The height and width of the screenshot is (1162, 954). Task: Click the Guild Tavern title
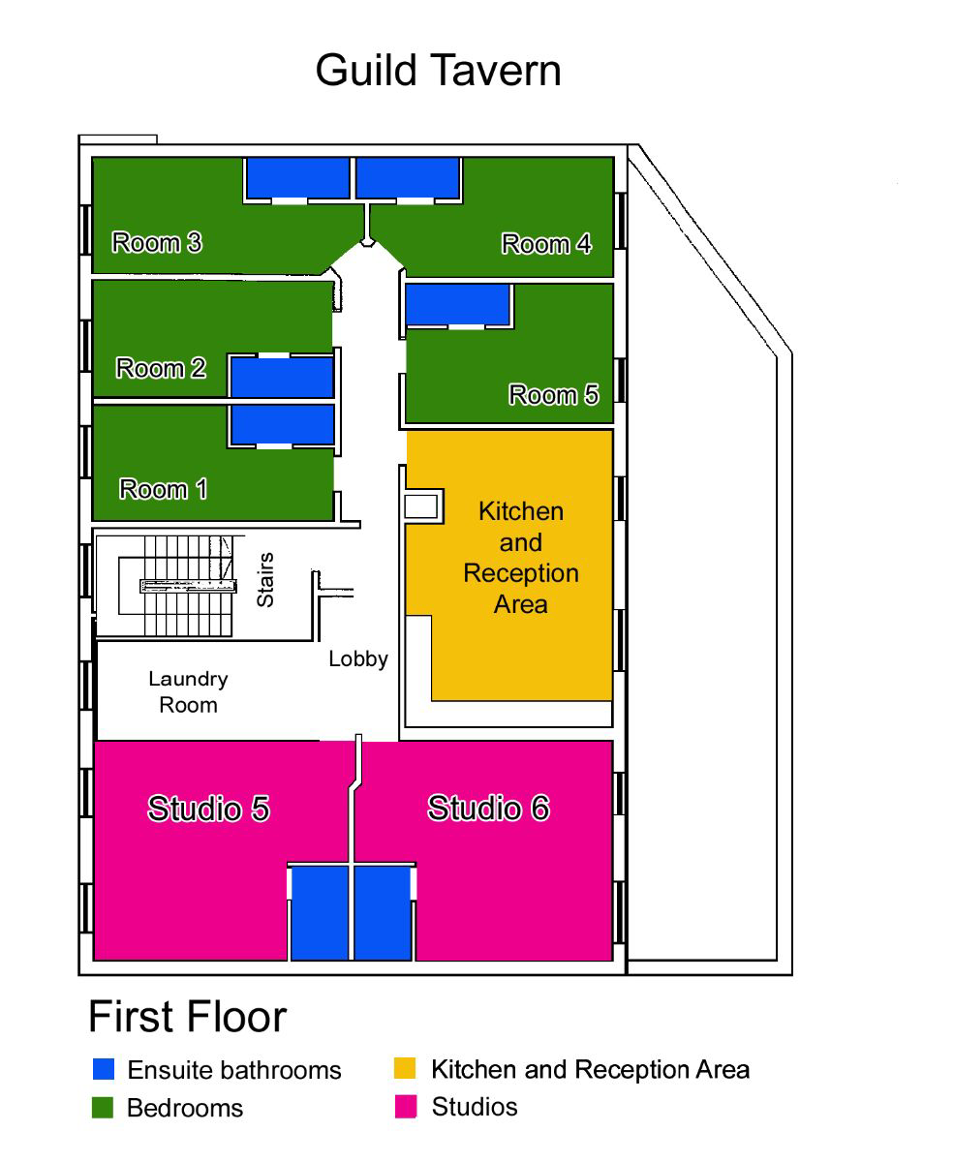tap(438, 70)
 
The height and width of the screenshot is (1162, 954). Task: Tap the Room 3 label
tap(157, 242)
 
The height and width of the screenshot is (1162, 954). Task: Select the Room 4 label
tap(546, 243)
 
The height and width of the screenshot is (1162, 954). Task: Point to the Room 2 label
tap(161, 368)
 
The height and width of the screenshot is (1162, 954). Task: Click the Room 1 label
tap(163, 489)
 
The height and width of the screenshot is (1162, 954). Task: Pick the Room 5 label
tap(553, 394)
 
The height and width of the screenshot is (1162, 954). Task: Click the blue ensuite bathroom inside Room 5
tap(457, 305)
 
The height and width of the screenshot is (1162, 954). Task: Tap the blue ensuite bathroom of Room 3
tap(297, 178)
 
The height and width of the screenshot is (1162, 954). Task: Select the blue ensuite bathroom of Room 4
tap(408, 178)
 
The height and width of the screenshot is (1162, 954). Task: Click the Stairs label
tap(265, 579)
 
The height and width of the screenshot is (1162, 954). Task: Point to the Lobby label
tap(358, 658)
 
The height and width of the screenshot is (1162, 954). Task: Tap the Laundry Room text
tap(188, 691)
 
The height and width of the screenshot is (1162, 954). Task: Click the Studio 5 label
tap(208, 809)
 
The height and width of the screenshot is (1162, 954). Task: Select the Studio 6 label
tap(488, 808)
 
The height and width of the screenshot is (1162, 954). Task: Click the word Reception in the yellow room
tap(521, 573)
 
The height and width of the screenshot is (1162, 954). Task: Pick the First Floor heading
tap(187, 1016)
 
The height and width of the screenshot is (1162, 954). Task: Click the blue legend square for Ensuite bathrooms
tap(104, 1069)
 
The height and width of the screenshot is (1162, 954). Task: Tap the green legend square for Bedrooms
tap(103, 1108)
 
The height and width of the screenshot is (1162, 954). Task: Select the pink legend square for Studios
tap(406, 1107)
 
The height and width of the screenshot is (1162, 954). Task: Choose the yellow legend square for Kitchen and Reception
tap(405, 1068)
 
